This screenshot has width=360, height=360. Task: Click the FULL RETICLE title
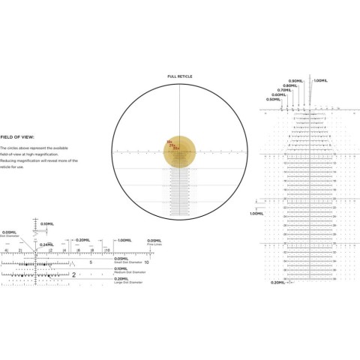tap(180, 76)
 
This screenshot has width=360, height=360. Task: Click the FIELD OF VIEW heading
tap(15, 137)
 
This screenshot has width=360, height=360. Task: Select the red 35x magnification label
tap(176, 148)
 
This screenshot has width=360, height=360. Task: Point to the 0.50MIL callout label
tap(273, 100)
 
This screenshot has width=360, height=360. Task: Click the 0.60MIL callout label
tap(277, 94)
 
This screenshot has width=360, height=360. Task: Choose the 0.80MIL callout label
tap(289, 85)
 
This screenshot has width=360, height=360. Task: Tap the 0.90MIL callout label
tap(296, 80)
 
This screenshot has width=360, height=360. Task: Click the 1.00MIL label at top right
tap(320, 80)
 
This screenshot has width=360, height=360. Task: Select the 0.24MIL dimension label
tap(46, 244)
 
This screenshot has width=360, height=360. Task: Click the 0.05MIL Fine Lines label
tap(154, 241)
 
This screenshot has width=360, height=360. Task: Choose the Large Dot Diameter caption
tap(129, 282)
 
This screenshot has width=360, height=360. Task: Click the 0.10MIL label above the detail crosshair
tap(46, 223)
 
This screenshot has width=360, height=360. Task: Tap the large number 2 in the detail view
tap(73, 275)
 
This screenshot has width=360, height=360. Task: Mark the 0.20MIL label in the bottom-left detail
tap(83, 240)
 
